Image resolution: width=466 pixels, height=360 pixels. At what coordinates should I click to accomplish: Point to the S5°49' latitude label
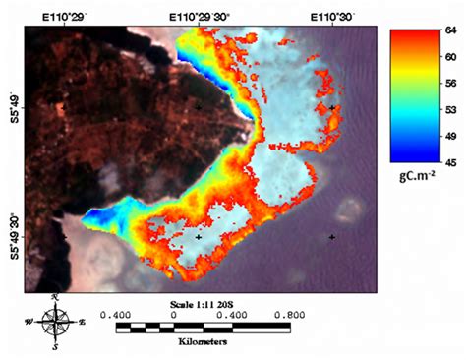click(14, 105)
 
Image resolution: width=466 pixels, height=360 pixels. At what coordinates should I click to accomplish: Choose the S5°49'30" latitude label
click(14, 236)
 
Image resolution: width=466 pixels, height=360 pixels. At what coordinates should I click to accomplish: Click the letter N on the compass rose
click(56, 296)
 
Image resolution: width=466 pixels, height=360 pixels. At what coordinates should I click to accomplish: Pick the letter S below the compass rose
click(56, 346)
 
